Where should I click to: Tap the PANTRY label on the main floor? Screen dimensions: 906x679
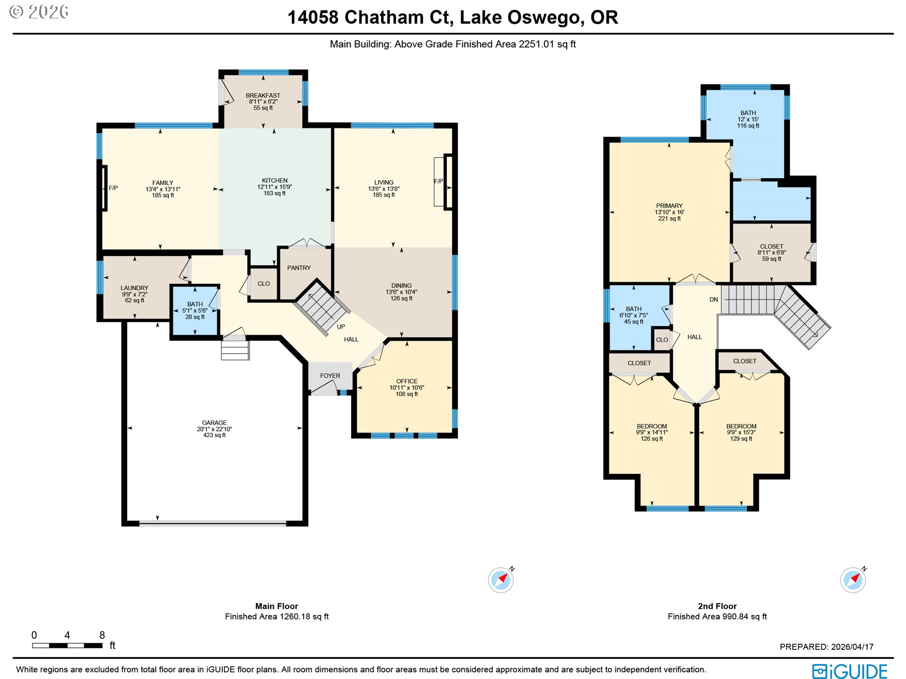(299, 268)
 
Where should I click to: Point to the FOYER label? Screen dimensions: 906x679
(330, 376)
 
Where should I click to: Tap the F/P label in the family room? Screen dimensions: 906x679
(113, 188)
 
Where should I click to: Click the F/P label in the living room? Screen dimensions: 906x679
(438, 181)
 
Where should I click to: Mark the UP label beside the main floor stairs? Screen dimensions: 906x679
(341, 327)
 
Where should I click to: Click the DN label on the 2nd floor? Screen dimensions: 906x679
(713, 299)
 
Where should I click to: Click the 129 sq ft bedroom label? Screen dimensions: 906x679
(741, 432)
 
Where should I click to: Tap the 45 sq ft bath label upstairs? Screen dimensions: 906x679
(634, 315)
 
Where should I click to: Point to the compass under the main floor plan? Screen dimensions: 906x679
(501, 580)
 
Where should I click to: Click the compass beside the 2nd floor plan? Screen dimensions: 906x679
(853, 580)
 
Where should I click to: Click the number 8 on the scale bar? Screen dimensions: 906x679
(102, 635)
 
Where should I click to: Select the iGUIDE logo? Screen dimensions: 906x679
(849, 671)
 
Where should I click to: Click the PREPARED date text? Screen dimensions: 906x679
(826, 647)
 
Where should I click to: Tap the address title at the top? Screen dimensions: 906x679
(453, 17)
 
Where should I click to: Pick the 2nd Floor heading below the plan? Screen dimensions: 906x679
(717, 606)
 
